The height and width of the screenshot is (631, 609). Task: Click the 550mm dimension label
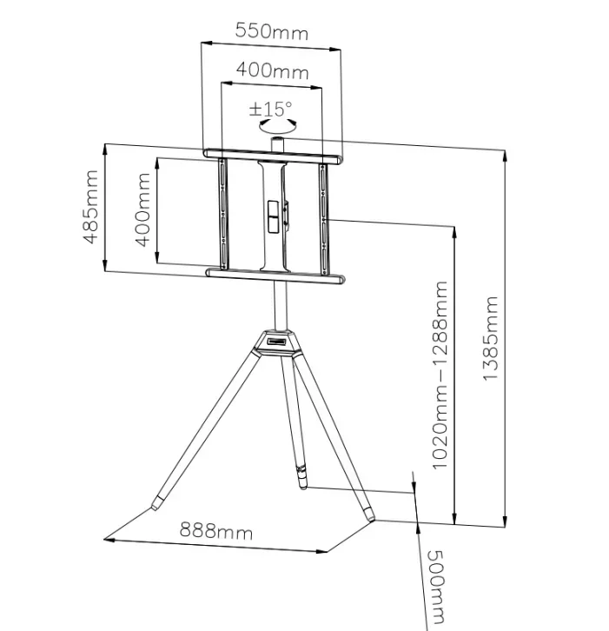(272, 31)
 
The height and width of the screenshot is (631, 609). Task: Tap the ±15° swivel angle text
(271, 109)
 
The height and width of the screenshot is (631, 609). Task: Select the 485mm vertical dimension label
(90, 207)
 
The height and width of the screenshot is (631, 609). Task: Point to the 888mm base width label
(216, 530)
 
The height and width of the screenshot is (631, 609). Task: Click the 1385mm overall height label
(490, 338)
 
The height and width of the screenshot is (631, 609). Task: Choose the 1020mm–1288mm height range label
(440, 375)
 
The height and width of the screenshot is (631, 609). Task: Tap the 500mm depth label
(435, 587)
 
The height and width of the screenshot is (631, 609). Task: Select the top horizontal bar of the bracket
(272, 156)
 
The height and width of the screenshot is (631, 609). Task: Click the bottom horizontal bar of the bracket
(275, 276)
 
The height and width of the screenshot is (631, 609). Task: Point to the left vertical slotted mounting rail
(222, 213)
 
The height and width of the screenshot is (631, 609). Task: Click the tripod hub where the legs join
(277, 343)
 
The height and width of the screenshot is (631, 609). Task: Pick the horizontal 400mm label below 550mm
(272, 70)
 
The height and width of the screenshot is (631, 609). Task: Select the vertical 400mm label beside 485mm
(142, 209)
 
